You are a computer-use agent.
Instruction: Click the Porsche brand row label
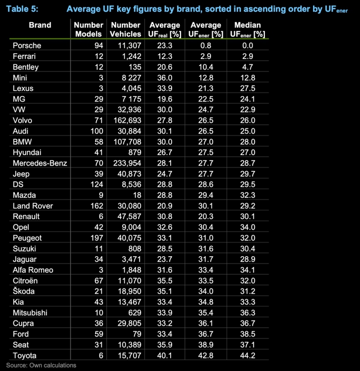pos(27,46)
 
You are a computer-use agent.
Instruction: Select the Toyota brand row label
pos(25,355)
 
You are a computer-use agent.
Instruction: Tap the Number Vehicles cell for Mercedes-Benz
pos(127,163)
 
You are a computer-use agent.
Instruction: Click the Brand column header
pos(40,25)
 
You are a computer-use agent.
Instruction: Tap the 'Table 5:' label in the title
pos(22,9)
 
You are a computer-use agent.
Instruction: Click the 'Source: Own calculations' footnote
pos(41,366)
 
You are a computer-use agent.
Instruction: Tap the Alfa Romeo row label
pos(33,270)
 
